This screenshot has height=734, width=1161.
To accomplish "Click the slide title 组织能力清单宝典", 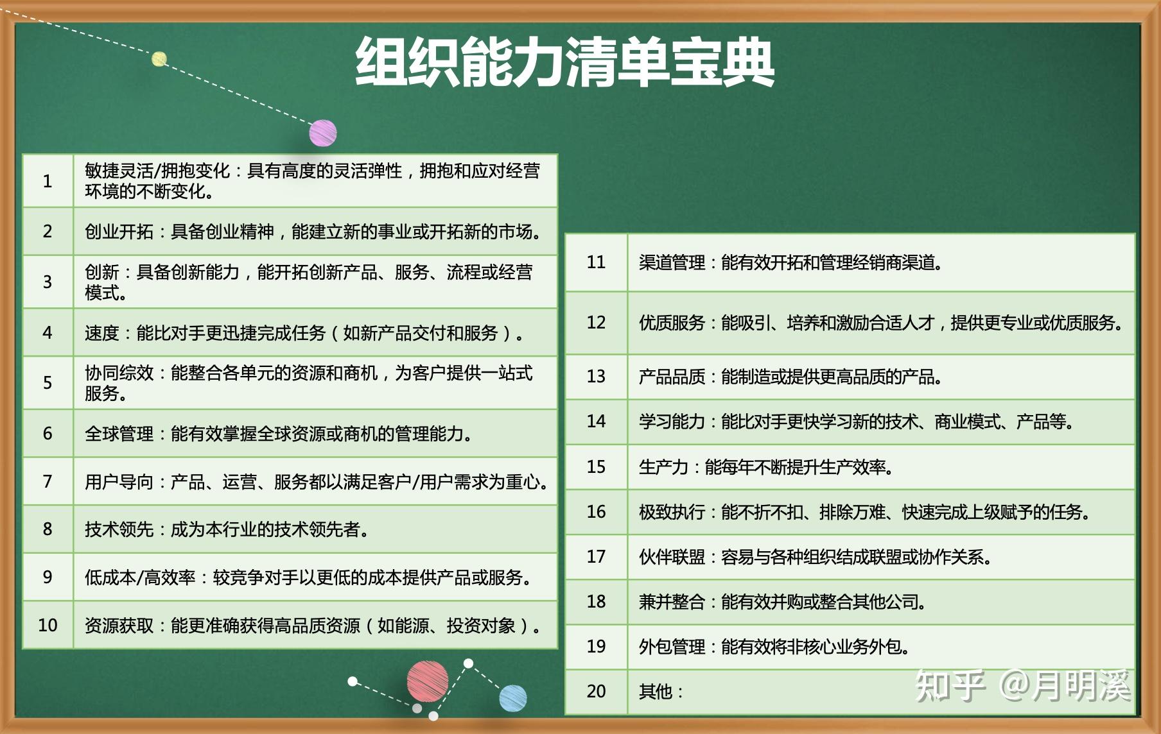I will [564, 62].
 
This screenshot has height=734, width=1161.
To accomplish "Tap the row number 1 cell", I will [48, 181].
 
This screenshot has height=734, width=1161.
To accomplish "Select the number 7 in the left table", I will [48, 481].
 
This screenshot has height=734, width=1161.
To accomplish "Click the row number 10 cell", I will [48, 625].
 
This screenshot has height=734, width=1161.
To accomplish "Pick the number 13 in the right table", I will [596, 376].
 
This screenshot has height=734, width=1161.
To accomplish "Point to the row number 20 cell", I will [596, 691].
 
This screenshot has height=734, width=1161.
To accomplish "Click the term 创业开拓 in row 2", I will [119, 232].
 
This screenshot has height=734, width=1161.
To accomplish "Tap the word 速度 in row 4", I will [101, 333].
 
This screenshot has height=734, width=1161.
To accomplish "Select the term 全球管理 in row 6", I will [119, 434].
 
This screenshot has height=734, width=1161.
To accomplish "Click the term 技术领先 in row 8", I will [119, 529].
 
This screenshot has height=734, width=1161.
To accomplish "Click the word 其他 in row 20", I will [655, 692].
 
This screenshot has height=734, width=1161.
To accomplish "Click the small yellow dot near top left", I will [159, 59].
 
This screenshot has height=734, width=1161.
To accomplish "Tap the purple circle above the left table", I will [323, 133].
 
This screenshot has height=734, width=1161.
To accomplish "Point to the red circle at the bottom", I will [427, 682].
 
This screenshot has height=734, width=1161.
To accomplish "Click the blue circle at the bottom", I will [512, 698].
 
